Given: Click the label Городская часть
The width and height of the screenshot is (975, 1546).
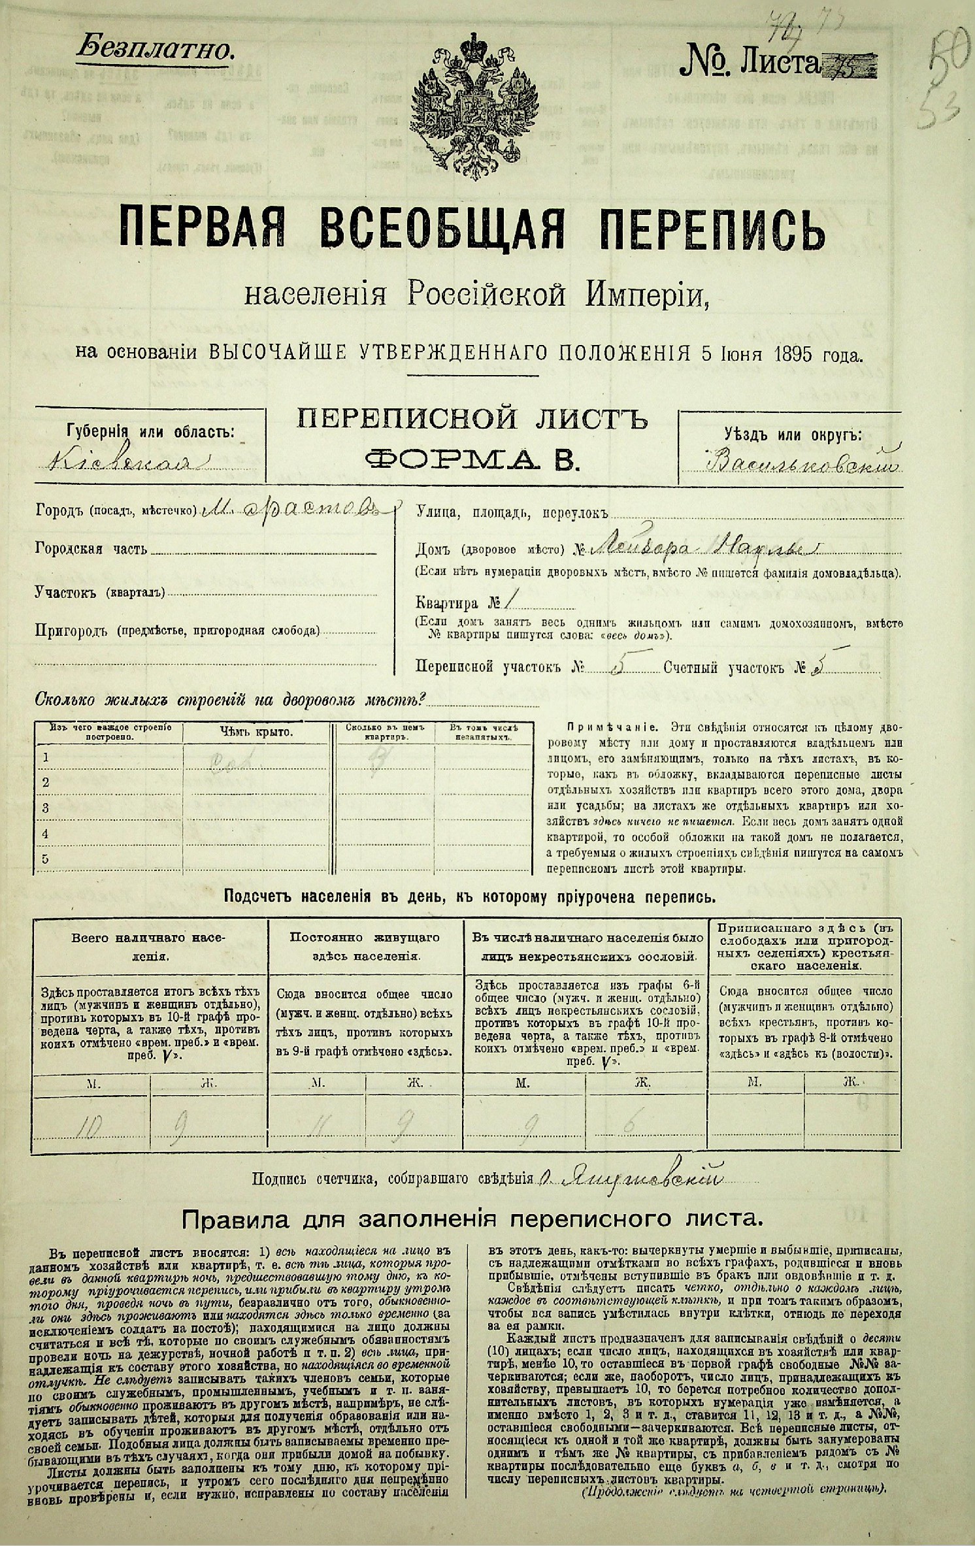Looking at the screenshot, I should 91,549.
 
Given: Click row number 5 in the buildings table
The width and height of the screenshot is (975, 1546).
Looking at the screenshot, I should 46,859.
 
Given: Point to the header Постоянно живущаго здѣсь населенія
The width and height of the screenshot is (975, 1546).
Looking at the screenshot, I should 364,945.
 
